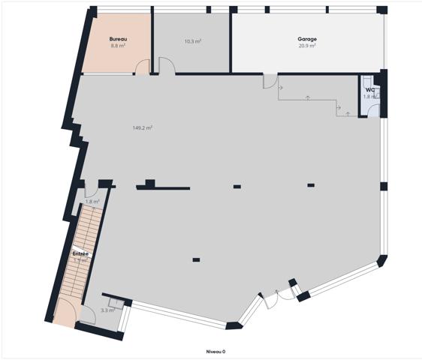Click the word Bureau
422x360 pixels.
click(x=117, y=39)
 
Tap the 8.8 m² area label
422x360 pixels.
click(x=117, y=46)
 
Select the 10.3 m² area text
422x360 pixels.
click(x=192, y=41)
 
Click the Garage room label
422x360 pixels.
click(x=306, y=39)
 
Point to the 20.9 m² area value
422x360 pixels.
click(x=306, y=46)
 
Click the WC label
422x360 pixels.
click(x=370, y=90)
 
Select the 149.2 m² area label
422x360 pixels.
click(x=143, y=127)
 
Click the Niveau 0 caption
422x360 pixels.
click(x=216, y=351)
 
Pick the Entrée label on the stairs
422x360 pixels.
click(x=80, y=253)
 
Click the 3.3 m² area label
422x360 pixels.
click(x=107, y=310)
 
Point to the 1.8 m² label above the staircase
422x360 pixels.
click(x=92, y=201)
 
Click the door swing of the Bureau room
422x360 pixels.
click(x=141, y=69)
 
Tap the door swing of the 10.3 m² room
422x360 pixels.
click(x=167, y=67)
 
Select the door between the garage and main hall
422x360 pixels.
click(x=270, y=81)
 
